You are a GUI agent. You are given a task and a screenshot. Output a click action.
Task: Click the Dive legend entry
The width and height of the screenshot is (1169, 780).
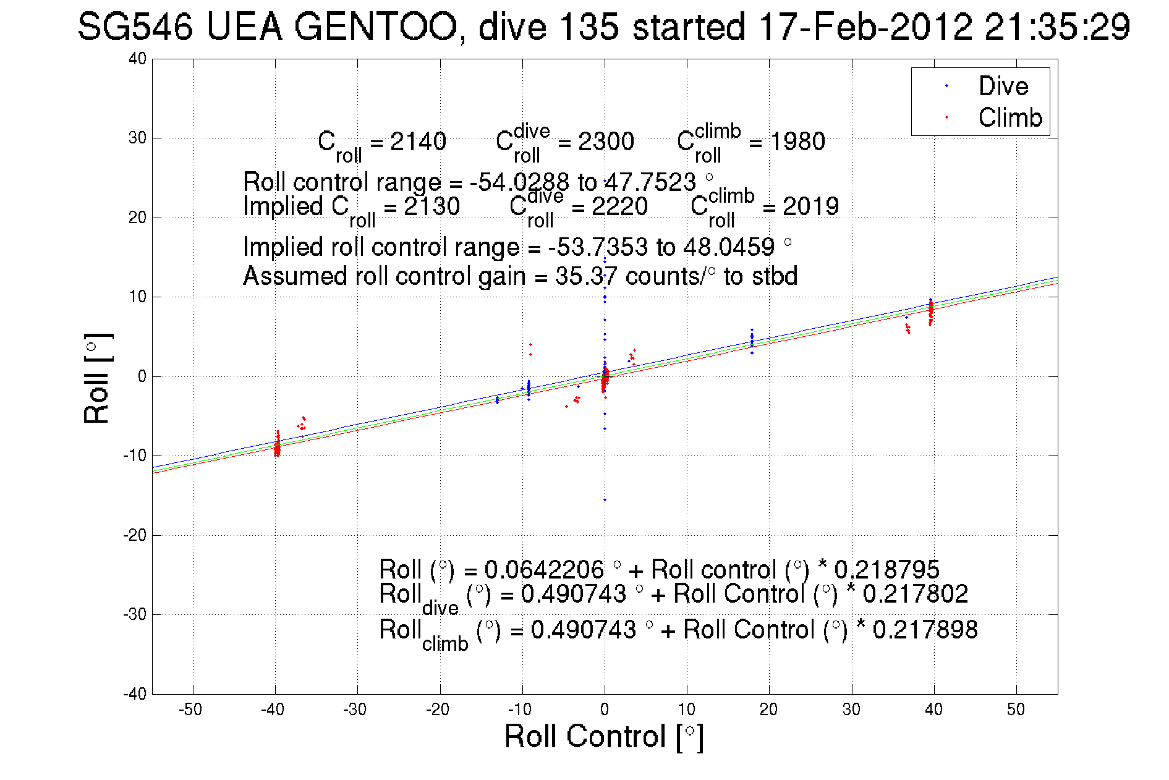click(x=1002, y=86)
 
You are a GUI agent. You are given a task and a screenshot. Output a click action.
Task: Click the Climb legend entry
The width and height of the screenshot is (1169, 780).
click(x=1010, y=117)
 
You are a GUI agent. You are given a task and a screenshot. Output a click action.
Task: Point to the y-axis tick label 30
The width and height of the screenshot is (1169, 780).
click(x=137, y=138)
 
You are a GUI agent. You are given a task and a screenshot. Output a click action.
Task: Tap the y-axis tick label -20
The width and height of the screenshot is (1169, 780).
click(x=135, y=535)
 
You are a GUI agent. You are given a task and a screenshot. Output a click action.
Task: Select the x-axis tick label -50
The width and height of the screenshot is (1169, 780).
click(x=190, y=710)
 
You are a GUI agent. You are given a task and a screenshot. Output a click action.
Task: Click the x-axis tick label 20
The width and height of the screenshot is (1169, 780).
click(x=768, y=710)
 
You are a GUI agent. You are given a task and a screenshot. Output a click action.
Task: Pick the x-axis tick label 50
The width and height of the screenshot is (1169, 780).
click(x=1016, y=710)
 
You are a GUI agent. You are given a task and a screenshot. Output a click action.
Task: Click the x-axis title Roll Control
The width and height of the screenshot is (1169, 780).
click(x=604, y=737)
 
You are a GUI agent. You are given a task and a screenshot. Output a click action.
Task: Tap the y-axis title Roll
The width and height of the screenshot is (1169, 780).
click(x=97, y=378)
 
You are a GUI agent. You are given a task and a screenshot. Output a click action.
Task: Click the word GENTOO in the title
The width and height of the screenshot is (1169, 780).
click(x=376, y=28)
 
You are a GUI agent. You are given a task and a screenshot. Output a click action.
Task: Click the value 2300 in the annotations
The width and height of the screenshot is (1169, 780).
click(x=606, y=142)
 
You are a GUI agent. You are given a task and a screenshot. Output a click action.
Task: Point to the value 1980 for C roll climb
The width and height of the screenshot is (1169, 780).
click(x=797, y=142)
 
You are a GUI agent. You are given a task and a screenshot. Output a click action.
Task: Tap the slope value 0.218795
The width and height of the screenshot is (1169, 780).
click(x=886, y=569)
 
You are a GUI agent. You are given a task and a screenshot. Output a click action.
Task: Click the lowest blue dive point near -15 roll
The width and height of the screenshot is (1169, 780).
click(x=605, y=499)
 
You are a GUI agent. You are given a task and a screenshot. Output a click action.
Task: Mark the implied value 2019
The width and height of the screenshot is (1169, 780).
click(x=810, y=206)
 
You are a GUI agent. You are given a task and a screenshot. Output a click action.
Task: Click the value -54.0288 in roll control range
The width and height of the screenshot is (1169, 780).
click(x=519, y=182)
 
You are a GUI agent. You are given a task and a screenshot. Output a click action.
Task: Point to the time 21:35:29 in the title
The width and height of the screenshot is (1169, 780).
click(x=1057, y=28)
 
